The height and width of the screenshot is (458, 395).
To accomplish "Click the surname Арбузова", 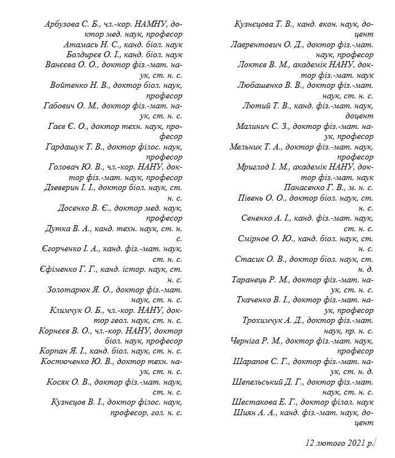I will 62,24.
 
